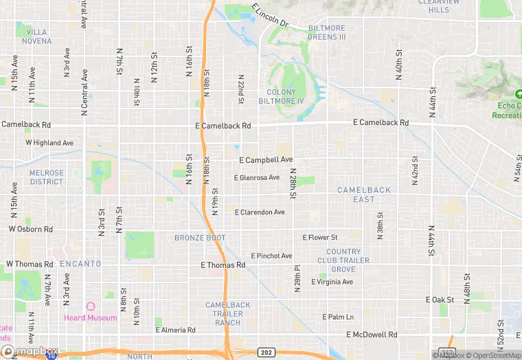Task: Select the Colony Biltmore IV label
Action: (x=285, y=96)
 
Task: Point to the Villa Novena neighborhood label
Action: (x=37, y=36)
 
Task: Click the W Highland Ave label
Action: (x=49, y=143)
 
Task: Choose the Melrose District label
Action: (x=47, y=177)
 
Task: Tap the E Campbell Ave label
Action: (x=266, y=160)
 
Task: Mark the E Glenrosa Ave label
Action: (x=257, y=178)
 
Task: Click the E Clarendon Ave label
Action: (x=260, y=212)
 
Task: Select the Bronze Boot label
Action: (x=200, y=238)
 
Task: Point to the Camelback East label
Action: (x=364, y=194)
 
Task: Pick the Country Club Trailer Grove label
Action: (x=343, y=260)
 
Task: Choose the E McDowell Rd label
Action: (x=372, y=335)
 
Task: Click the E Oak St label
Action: (x=440, y=300)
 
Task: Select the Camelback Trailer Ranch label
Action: (x=228, y=313)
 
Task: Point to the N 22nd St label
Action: (x=240, y=89)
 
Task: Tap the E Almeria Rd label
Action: (x=175, y=330)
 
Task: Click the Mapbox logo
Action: (x=30, y=352)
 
